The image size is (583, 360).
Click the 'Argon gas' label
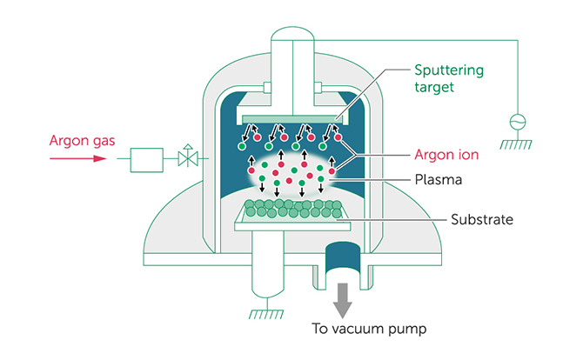82,141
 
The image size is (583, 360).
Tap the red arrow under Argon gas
78,158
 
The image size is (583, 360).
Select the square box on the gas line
146,160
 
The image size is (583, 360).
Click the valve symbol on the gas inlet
188,156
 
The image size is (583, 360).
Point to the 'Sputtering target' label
449,78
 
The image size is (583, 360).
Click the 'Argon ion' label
446,155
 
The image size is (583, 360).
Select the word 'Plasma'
439,180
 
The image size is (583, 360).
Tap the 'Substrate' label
482,220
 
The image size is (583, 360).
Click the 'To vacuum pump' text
369,330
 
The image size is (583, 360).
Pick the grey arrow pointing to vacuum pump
343,301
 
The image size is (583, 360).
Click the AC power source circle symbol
518,122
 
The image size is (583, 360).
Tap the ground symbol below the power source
516,144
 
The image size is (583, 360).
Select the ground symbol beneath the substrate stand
266,314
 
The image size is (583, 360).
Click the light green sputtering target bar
292,119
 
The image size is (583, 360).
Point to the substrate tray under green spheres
292,222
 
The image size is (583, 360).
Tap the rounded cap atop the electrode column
292,34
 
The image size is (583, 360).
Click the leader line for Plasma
369,180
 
